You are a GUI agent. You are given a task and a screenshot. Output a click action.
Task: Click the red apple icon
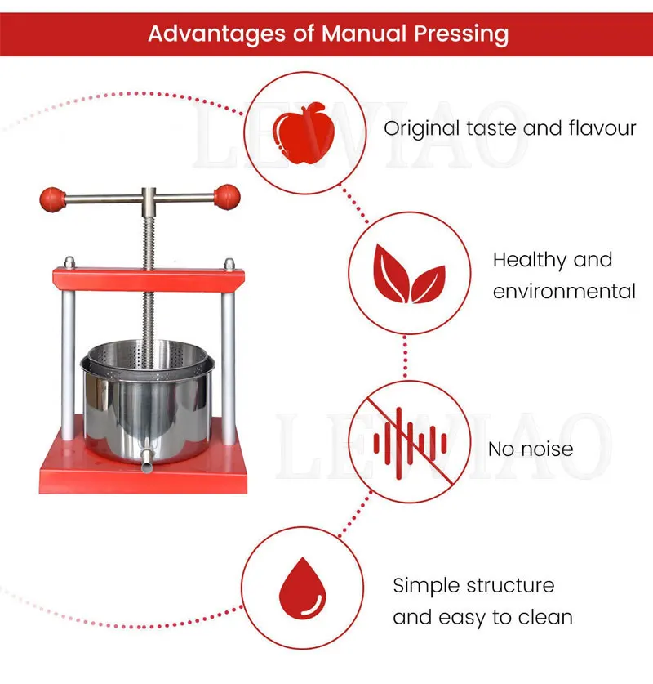coord(304,133)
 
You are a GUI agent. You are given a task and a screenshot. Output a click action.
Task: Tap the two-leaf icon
coord(409,274)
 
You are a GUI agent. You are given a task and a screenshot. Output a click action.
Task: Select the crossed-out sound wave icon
coord(410,442)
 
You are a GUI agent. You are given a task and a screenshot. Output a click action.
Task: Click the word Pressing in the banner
coord(461,34)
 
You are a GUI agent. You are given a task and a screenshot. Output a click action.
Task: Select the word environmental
coord(564,292)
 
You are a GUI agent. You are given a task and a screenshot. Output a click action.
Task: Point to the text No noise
coord(531,449)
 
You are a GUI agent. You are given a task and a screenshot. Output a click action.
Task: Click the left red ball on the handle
coord(52,199)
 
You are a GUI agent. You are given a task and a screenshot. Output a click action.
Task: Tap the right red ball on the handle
coord(227,197)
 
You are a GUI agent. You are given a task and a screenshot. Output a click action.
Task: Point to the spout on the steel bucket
coord(147,460)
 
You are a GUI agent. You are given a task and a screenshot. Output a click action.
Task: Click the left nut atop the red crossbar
coord(69,262)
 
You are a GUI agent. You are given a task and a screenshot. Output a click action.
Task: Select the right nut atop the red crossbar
coord(229,264)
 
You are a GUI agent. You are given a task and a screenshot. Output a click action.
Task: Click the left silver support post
coord(68,364)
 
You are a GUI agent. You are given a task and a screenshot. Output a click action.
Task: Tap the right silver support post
coord(229,369)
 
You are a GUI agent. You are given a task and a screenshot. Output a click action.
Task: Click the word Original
coord(422,129)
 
